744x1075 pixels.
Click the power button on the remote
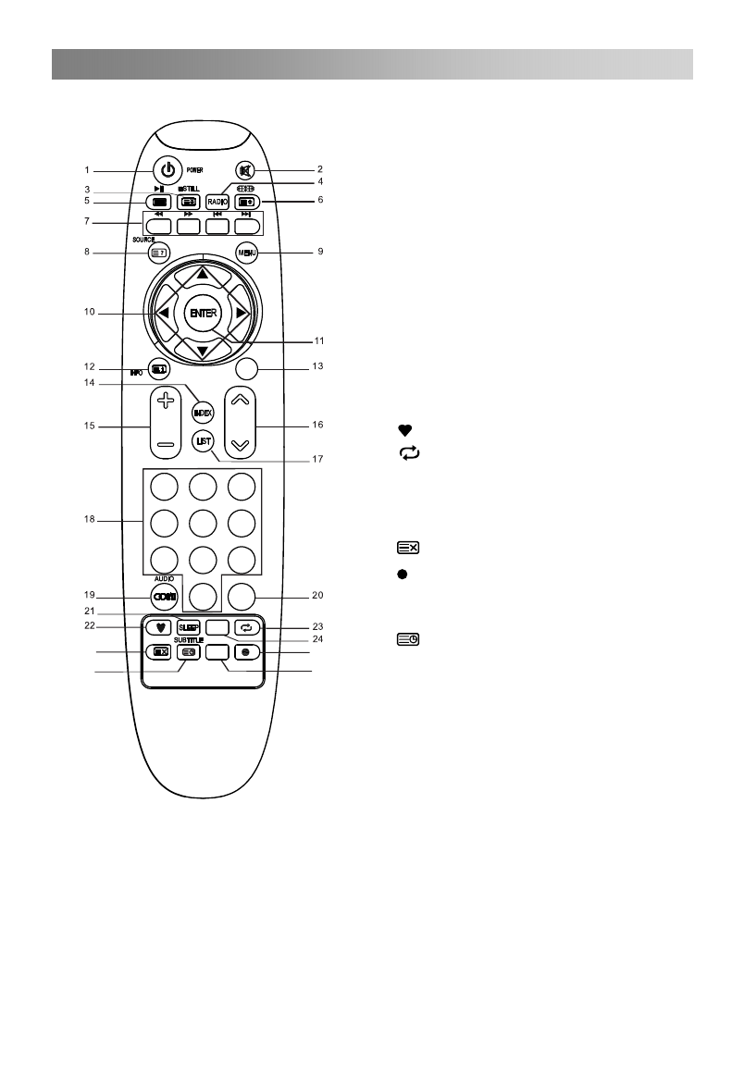coord(167,170)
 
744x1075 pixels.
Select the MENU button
coord(245,253)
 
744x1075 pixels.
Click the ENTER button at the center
coord(202,314)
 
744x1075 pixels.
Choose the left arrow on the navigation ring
coord(163,314)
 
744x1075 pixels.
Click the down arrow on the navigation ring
coord(202,352)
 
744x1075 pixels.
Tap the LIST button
coord(203,441)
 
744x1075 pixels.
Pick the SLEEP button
coord(189,627)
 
